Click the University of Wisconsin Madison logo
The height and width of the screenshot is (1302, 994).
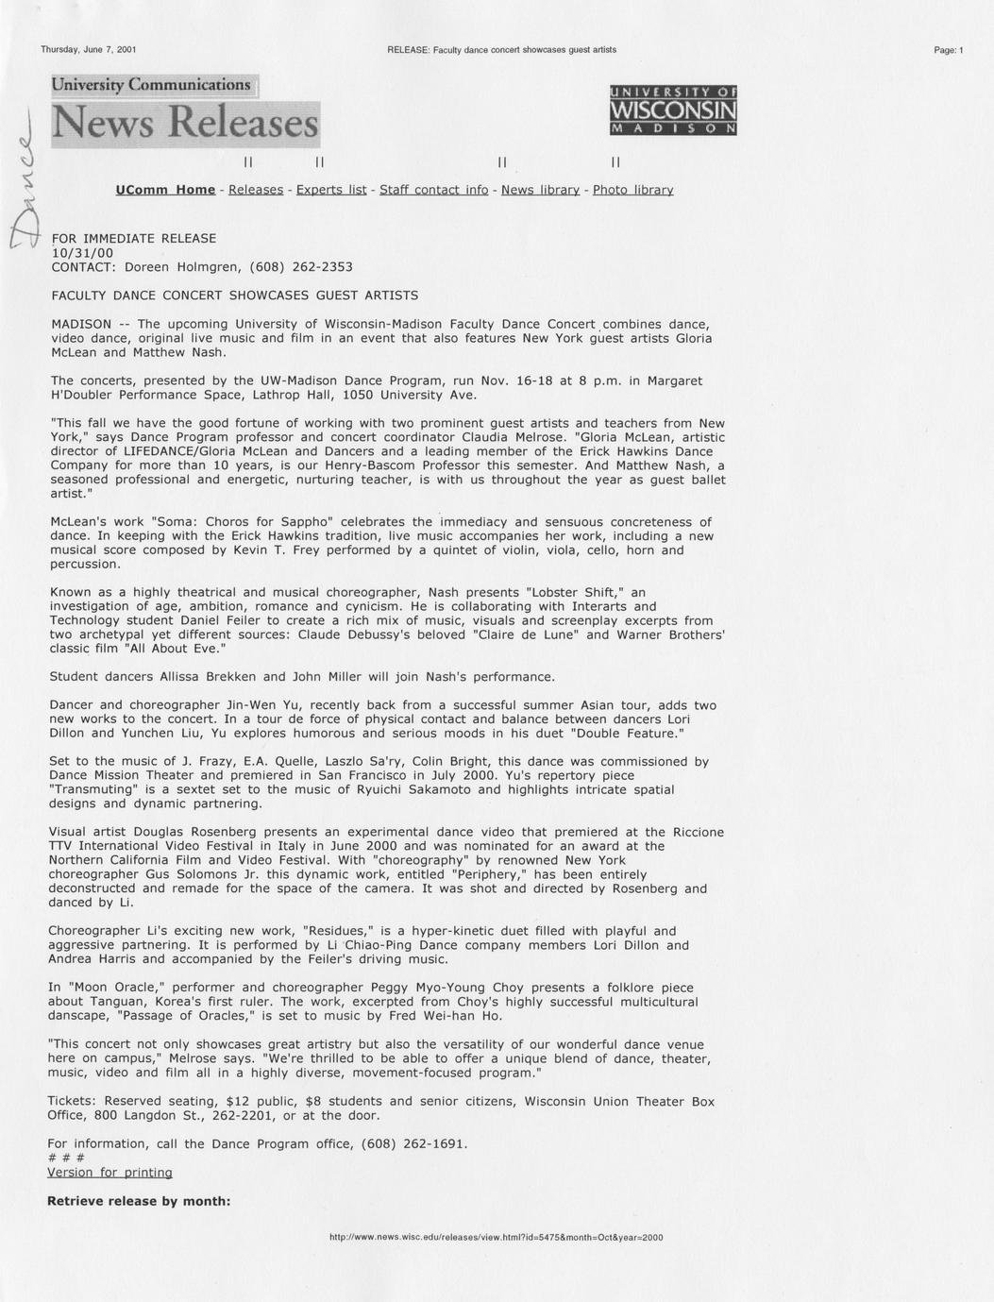coord(673,110)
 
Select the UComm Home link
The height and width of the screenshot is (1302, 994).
coord(165,190)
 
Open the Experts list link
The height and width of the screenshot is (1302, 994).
coord(331,190)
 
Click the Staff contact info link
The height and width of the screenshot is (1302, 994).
coord(433,190)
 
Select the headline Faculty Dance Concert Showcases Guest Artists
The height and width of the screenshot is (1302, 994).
coord(234,296)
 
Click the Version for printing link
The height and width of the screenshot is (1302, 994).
coord(110,1172)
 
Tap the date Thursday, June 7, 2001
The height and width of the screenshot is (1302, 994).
coord(88,49)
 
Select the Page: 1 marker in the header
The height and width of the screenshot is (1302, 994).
coord(948,50)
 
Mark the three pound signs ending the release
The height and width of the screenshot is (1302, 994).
coord(66,1158)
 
